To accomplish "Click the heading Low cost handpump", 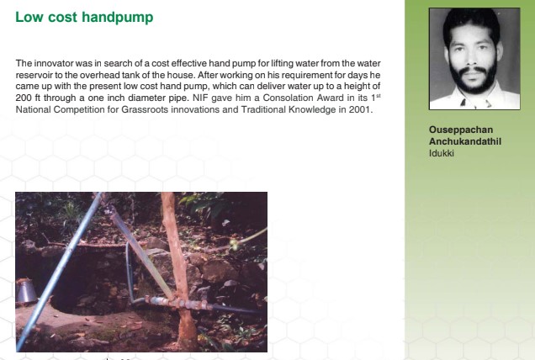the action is (x=84, y=18).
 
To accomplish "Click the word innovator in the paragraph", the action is (x=54, y=63).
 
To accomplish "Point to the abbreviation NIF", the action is (x=200, y=98).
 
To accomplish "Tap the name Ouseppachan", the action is (x=461, y=130).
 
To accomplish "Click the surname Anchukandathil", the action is (x=465, y=141).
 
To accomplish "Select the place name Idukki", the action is (x=441, y=153).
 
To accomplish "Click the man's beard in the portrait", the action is (x=474, y=80).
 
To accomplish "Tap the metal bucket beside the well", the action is (x=25, y=291).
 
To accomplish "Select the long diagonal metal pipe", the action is (x=59, y=272).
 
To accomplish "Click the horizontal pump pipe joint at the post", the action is (x=186, y=304).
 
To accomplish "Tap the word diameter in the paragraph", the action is (x=148, y=98).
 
